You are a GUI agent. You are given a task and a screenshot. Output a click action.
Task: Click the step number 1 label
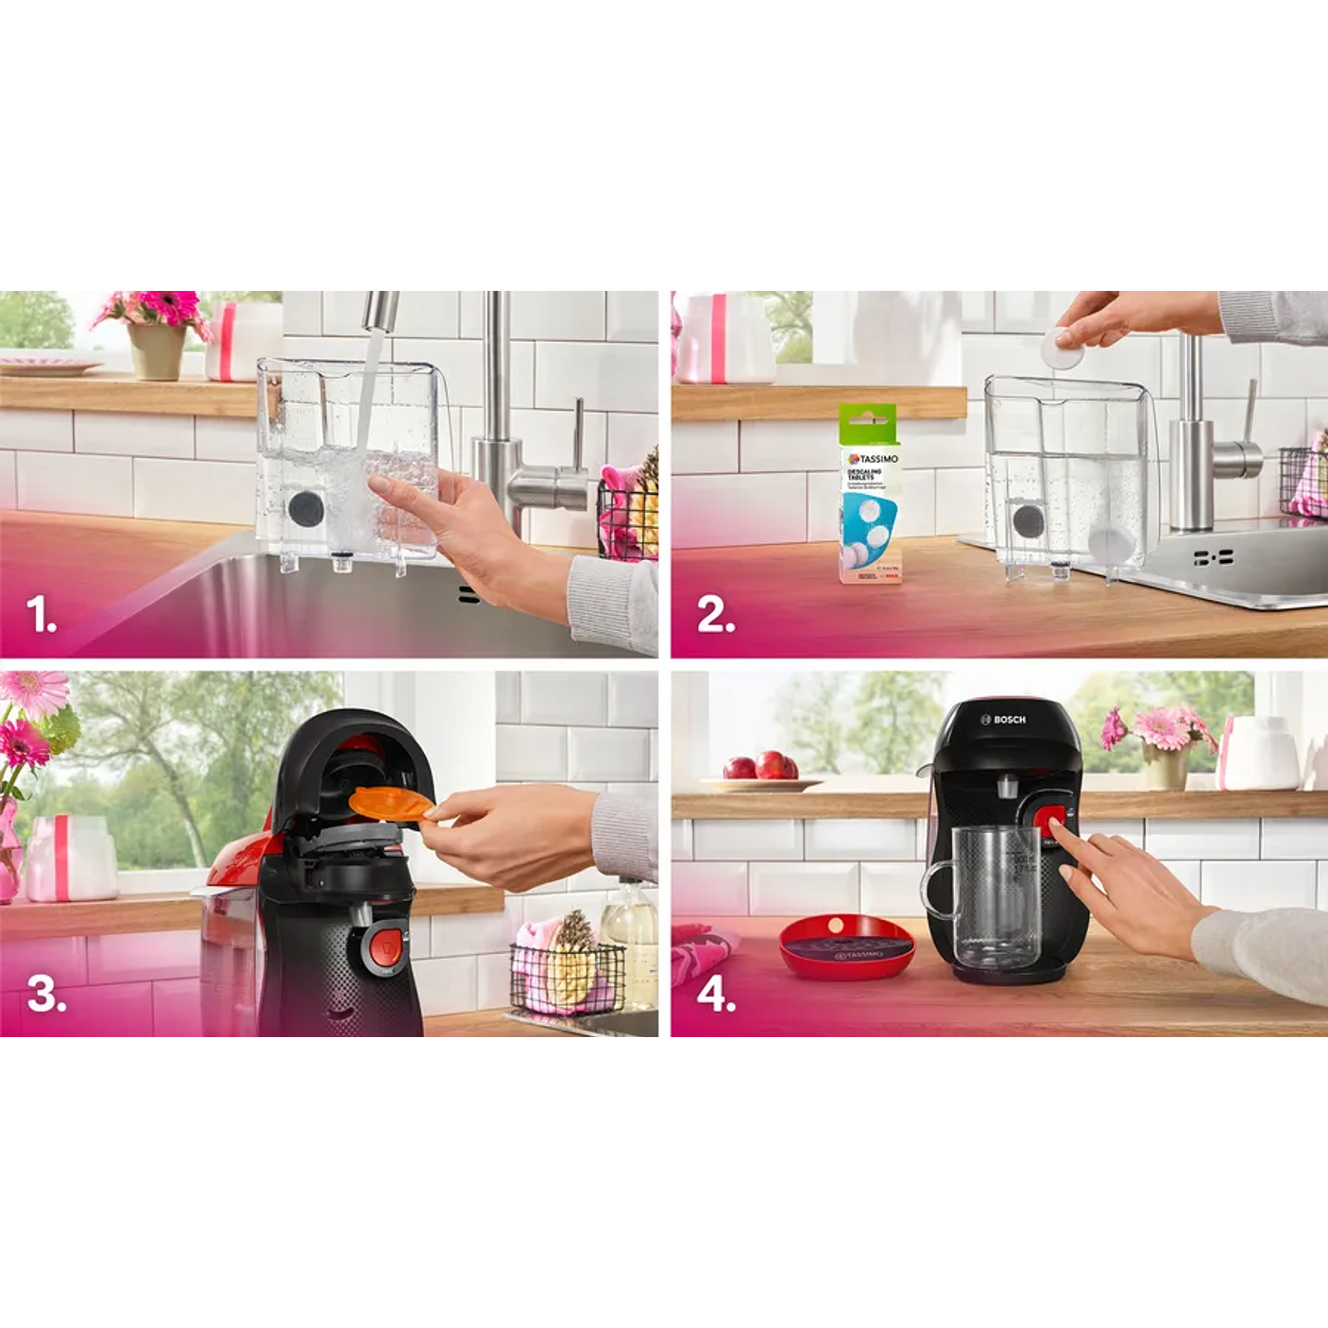pyautogui.click(x=41, y=616)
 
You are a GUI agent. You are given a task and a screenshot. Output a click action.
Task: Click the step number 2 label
pyautogui.click(x=715, y=616)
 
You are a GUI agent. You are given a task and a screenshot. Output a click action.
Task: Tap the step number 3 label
pyautogui.click(x=46, y=994)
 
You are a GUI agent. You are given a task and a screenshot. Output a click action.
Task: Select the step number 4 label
pyautogui.click(x=716, y=995)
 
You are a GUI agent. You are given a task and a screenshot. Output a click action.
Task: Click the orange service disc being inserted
pyautogui.click(x=389, y=803)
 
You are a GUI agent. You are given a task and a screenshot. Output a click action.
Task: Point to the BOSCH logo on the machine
pyautogui.click(x=1003, y=720)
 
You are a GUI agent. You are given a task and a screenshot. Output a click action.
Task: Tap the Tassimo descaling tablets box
pyautogui.click(x=869, y=496)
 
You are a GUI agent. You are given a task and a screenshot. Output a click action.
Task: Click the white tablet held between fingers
pyautogui.click(x=1063, y=348)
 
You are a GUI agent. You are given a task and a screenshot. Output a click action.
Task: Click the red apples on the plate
pyautogui.click(x=761, y=765)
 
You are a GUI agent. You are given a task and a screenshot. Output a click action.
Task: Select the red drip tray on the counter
pyautogui.click(x=846, y=946)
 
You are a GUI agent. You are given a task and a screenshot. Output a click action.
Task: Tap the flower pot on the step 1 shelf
pyautogui.click(x=156, y=350)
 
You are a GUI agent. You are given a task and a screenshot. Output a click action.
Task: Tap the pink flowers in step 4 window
pyautogui.click(x=1160, y=728)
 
